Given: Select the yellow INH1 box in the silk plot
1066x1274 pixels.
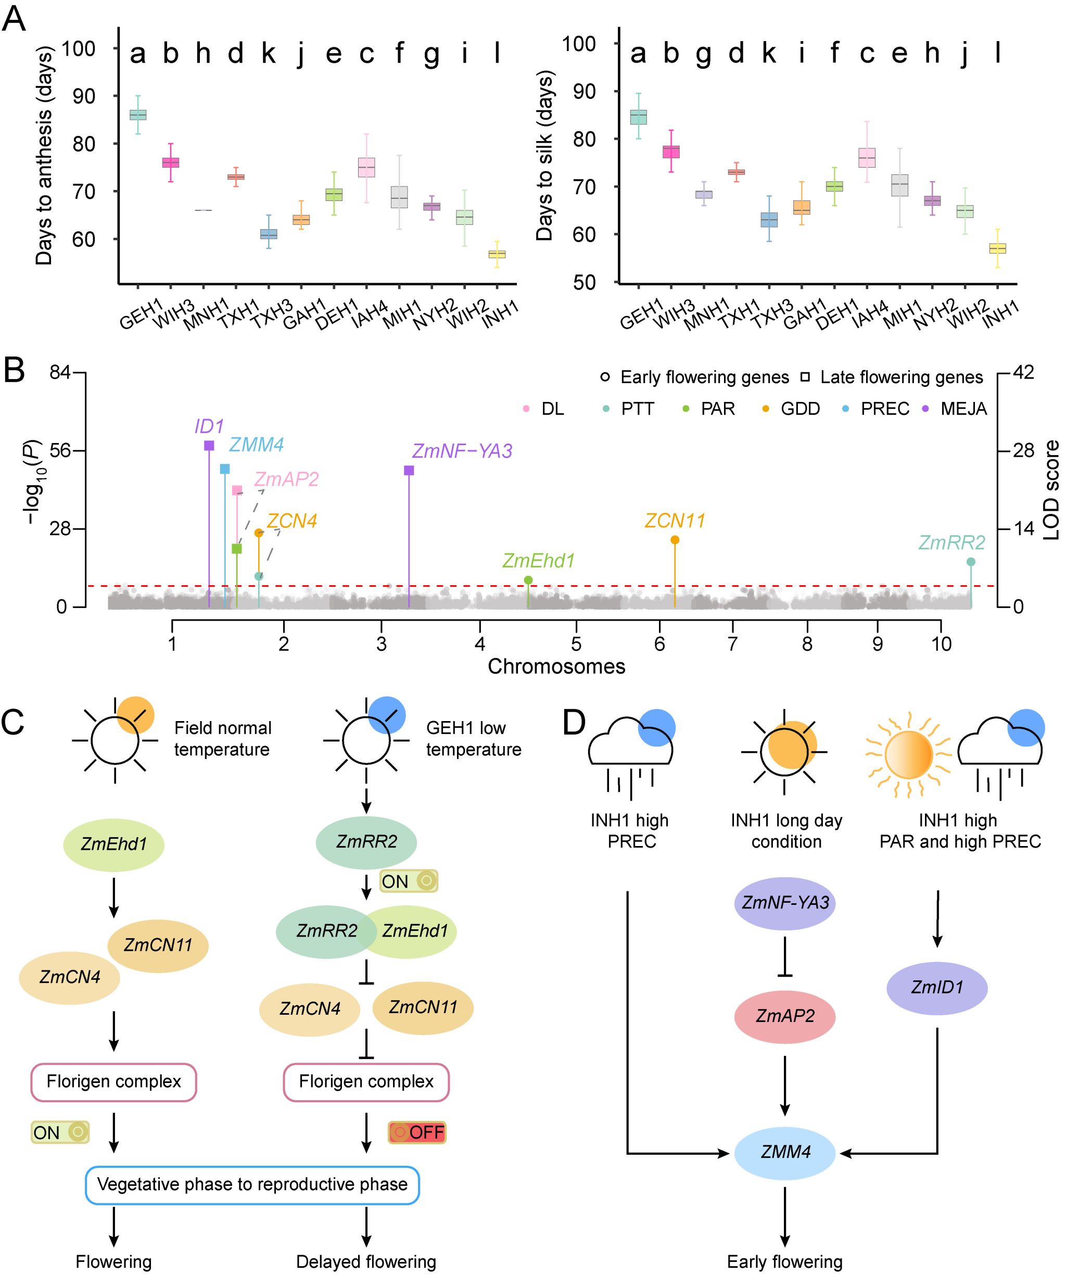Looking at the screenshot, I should [997, 248].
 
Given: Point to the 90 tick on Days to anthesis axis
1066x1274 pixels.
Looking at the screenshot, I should [84, 96].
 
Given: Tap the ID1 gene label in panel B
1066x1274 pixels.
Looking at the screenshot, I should [209, 426].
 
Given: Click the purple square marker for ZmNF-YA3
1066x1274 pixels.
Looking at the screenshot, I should [409, 470].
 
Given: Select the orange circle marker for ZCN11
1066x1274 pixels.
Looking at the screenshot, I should [675, 540].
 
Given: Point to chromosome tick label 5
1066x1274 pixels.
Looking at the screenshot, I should [576, 643].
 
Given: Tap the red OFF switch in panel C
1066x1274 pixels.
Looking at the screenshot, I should [417, 1132].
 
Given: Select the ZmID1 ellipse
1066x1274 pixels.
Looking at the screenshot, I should [937, 987].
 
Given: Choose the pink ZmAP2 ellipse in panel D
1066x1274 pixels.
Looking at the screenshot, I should [784, 1016].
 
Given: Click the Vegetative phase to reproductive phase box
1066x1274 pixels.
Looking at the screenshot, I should [252, 1184].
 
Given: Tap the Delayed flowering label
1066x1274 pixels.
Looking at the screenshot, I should [365, 1262].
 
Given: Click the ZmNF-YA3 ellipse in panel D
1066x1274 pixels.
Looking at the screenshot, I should [784, 903].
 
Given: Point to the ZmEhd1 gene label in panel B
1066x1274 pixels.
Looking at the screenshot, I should [538, 561].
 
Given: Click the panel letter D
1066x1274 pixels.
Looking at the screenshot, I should [574, 723].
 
